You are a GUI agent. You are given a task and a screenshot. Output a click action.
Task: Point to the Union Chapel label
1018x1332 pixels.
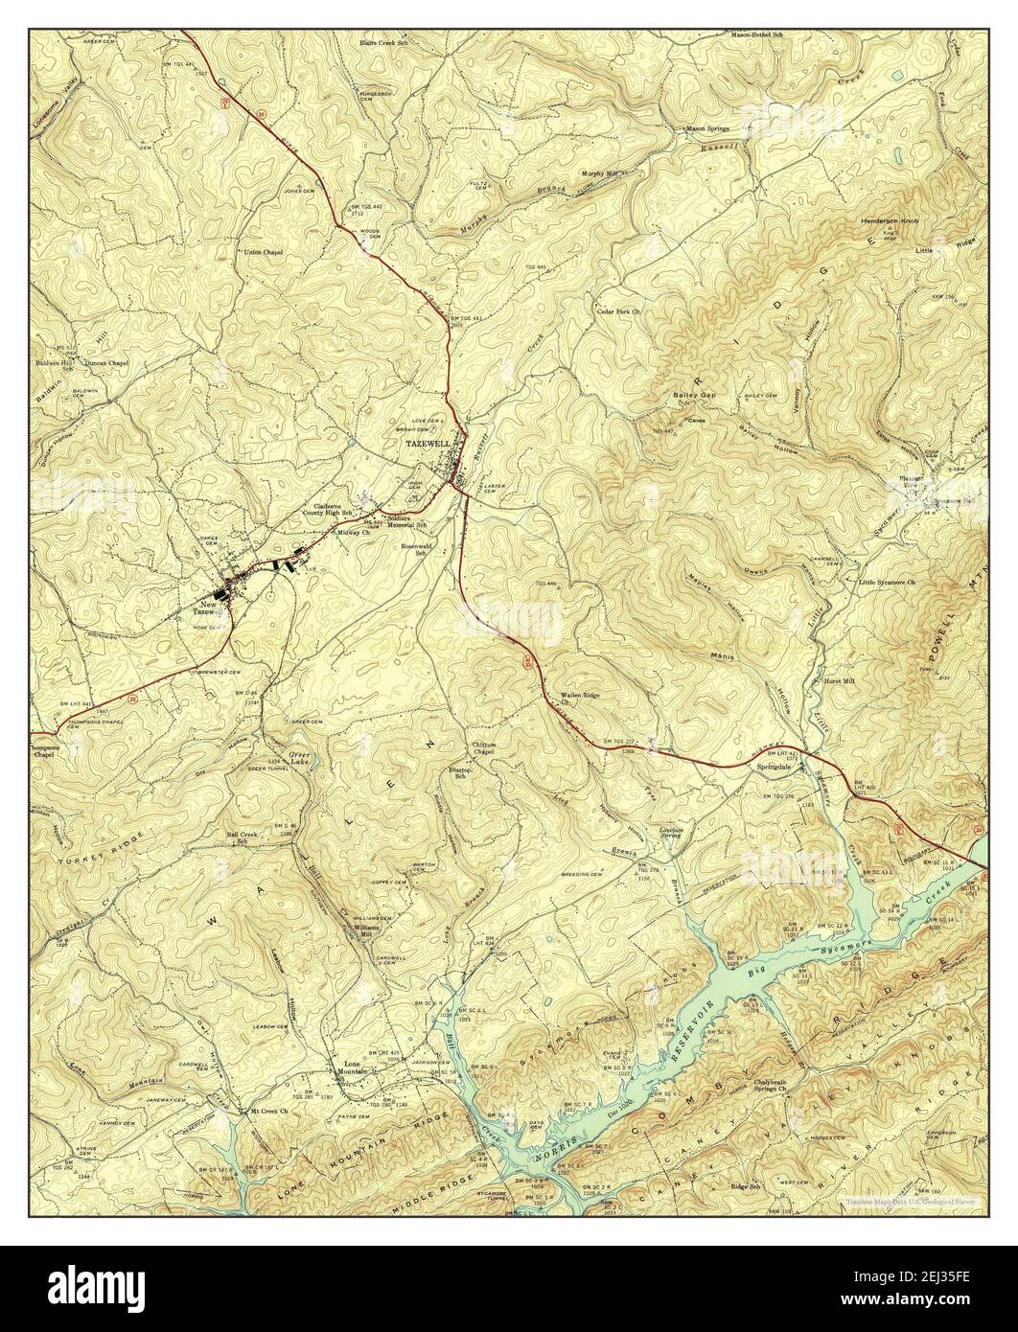[x=265, y=252]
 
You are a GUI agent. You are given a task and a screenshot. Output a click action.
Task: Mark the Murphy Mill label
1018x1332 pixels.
[x=602, y=173]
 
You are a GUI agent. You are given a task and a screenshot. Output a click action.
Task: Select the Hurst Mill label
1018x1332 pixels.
[x=840, y=682]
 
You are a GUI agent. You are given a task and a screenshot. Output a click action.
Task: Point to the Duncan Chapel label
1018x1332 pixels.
[x=105, y=363]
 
